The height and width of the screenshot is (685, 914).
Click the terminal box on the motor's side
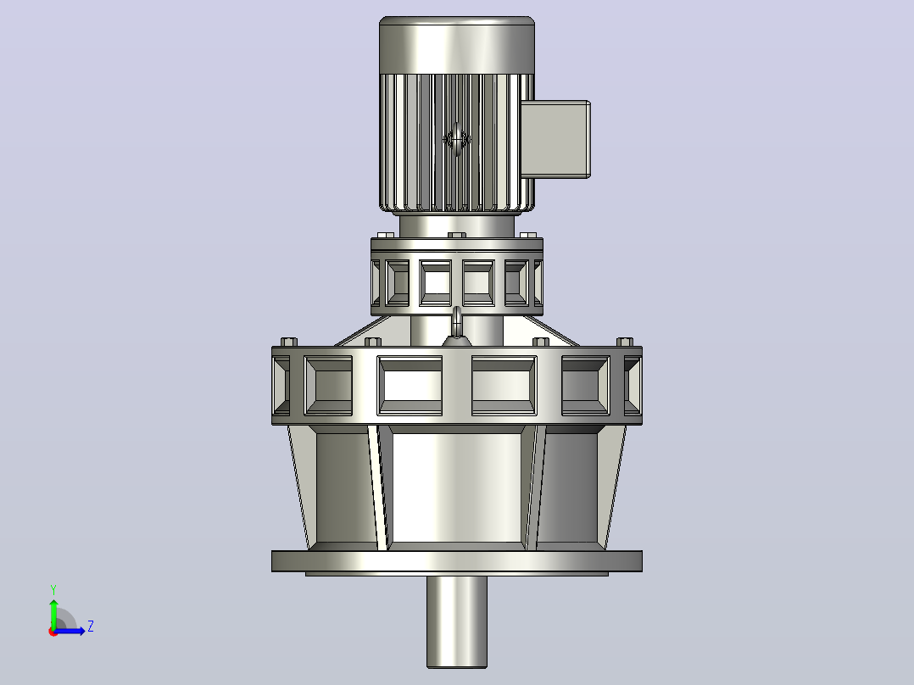(555, 139)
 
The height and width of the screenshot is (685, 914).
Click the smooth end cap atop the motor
(457, 45)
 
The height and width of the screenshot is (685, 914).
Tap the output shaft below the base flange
(457, 622)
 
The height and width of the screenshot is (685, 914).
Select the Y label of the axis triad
(53, 589)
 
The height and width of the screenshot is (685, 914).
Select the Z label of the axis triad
(91, 627)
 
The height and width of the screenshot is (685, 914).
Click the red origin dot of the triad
(53, 632)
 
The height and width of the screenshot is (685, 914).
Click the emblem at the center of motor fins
(457, 139)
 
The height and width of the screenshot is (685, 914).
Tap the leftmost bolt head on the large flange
(289, 342)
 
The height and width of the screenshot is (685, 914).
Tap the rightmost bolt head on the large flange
(625, 342)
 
